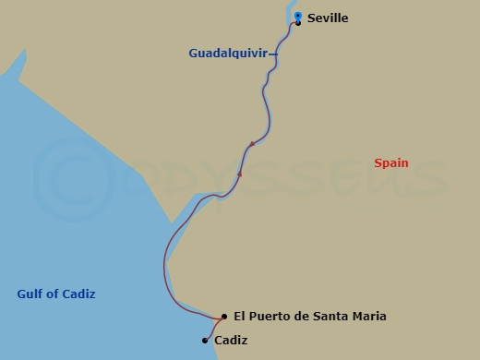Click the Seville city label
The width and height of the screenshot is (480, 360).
click(328, 18)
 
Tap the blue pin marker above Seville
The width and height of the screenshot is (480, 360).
click(297, 16)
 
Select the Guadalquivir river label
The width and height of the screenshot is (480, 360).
click(227, 54)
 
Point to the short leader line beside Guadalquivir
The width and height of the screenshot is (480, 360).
click(272, 54)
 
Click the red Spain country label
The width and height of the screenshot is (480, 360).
click(391, 163)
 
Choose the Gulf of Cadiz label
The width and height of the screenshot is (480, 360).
click(56, 294)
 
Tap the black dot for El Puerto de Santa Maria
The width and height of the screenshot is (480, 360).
click(224, 316)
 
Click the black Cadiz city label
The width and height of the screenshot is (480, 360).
click(232, 340)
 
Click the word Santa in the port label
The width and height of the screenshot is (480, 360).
click(330, 316)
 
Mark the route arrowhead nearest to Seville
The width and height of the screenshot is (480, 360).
click(250, 145)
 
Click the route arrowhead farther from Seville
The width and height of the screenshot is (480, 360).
click(240, 173)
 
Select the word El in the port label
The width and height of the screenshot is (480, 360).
click(240, 316)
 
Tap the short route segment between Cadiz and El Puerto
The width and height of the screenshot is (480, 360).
click(214, 328)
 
